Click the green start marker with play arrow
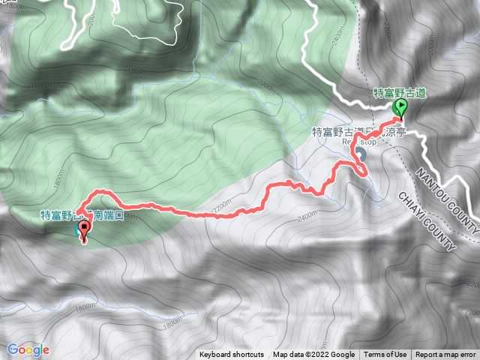click(x=400, y=109)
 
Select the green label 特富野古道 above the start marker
click(x=400, y=94)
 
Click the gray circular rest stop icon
click(x=361, y=154)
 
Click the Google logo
click(x=28, y=349)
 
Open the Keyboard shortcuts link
click(x=232, y=355)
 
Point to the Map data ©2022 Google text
click(x=314, y=355)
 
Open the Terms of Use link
click(x=385, y=355)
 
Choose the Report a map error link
click(x=445, y=355)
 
